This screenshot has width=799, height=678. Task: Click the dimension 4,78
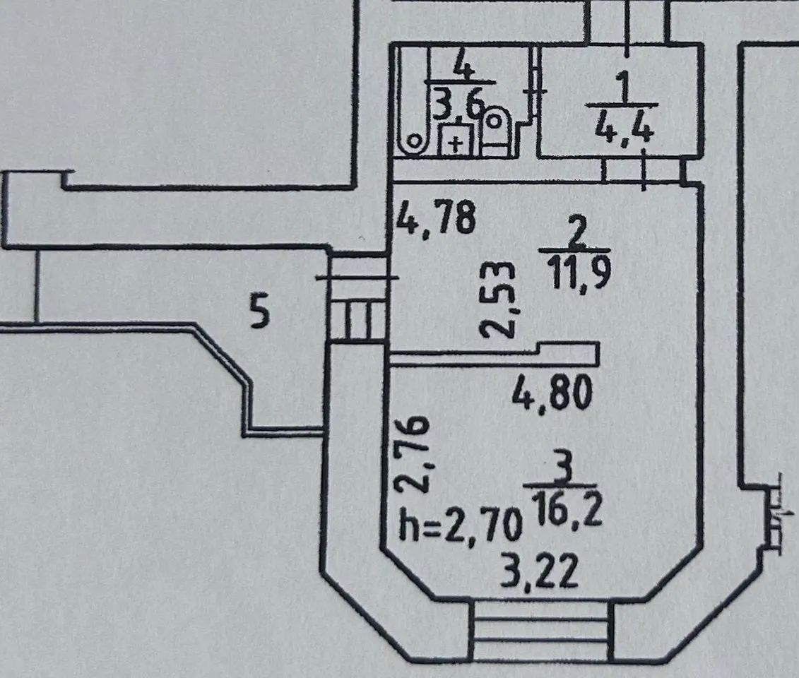coord(436,218)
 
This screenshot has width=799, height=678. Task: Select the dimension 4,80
coord(552,392)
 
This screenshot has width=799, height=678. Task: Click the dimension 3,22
coord(540,572)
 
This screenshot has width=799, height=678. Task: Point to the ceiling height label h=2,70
coord(461,525)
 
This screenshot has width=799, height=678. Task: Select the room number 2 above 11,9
coord(576,235)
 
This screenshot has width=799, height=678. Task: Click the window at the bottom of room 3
coord(540,631)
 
